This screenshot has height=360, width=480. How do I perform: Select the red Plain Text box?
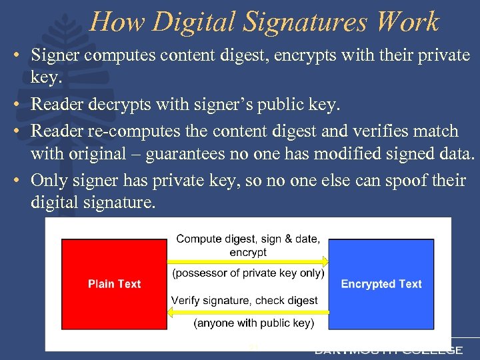tap(114, 283)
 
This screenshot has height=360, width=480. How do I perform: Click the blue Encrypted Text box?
tap(381, 283)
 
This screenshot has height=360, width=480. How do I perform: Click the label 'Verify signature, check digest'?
tap(244, 300)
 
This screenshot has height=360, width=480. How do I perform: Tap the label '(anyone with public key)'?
tap(253, 323)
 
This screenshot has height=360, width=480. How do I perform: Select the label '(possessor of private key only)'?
tap(248, 273)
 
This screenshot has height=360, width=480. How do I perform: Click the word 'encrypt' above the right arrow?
tap(248, 252)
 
